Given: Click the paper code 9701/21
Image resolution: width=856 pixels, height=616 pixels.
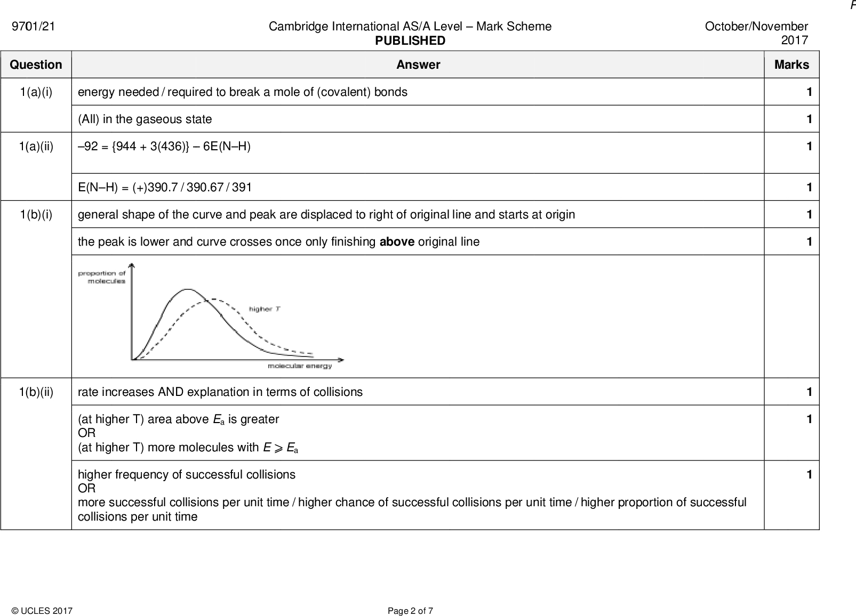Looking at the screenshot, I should click(x=33, y=27).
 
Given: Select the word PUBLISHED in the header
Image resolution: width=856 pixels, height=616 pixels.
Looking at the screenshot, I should click(x=410, y=40).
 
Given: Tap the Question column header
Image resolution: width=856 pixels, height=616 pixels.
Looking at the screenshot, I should click(x=36, y=64).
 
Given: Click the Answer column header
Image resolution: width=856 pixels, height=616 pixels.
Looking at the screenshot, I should click(x=418, y=64).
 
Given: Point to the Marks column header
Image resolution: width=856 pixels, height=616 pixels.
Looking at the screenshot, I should click(x=791, y=64).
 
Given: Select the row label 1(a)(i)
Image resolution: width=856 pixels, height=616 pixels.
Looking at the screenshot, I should click(x=36, y=92).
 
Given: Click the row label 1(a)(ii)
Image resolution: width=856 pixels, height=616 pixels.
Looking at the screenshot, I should click(x=36, y=147).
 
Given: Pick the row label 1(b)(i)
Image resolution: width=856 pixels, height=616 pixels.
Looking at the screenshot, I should click(x=36, y=215).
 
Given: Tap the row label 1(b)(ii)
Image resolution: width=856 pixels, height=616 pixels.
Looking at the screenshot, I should click(x=36, y=392).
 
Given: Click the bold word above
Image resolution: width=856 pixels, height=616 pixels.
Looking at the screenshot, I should click(x=396, y=242).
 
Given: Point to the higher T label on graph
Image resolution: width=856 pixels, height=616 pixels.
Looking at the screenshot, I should click(x=265, y=309).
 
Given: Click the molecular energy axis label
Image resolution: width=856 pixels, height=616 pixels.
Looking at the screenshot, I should click(x=300, y=366).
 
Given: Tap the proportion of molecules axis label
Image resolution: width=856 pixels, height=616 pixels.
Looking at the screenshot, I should click(x=102, y=277).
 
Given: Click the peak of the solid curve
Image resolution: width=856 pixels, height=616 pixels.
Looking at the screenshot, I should click(x=188, y=289).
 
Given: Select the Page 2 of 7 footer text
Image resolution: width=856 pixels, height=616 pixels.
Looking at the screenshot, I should click(x=410, y=611).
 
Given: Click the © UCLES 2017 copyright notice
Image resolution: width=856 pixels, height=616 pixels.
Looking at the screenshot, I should click(x=42, y=611).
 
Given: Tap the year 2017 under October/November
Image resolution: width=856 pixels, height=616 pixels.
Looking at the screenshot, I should click(x=794, y=40).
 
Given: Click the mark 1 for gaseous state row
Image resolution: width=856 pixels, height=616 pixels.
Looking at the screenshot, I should click(x=809, y=119).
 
